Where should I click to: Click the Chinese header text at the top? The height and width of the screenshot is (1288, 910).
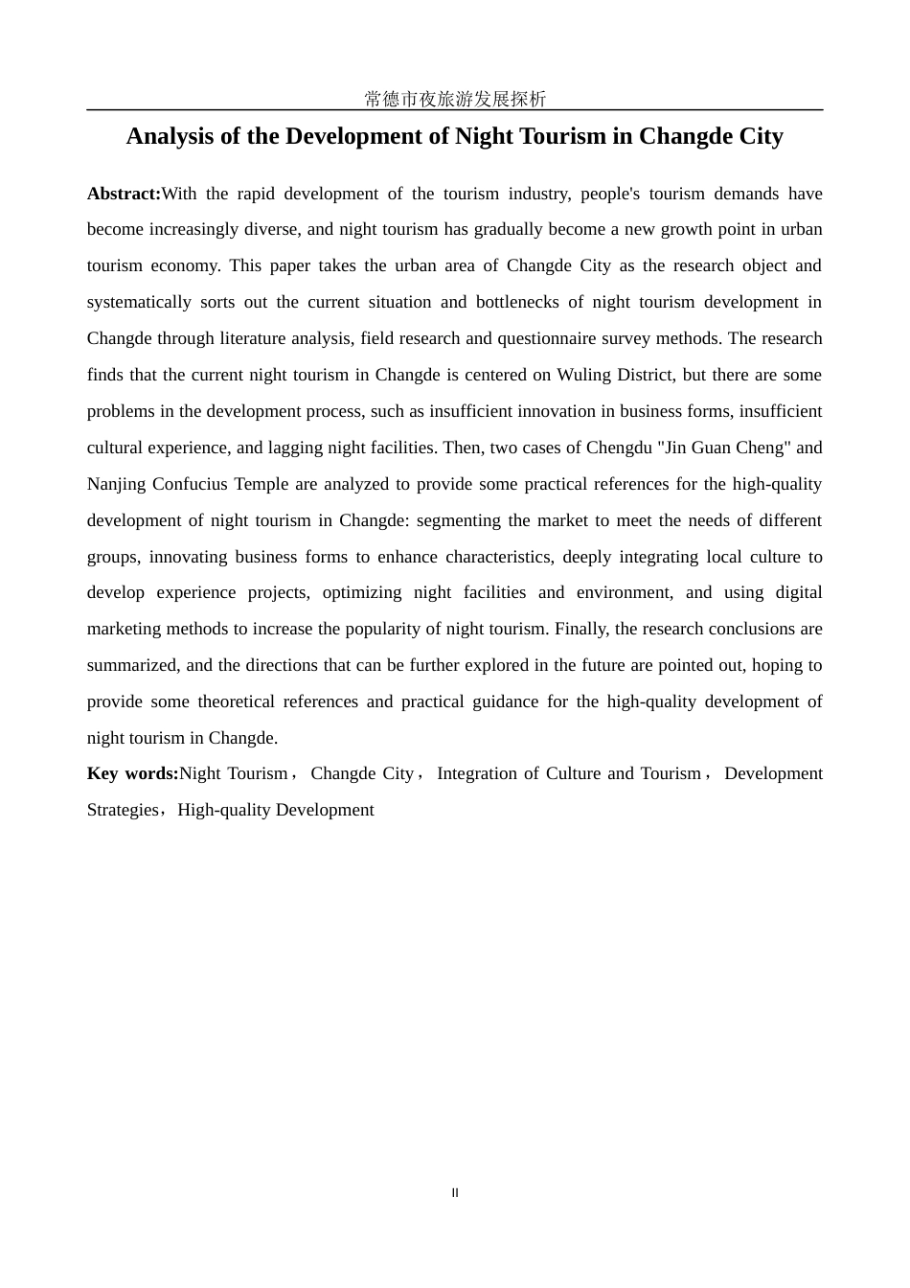(455, 99)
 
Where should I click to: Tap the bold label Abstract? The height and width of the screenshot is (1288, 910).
(124, 194)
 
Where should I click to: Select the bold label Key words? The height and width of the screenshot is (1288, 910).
(132, 773)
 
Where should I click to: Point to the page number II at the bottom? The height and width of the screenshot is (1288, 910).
(455, 1193)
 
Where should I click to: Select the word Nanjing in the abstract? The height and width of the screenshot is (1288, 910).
(116, 484)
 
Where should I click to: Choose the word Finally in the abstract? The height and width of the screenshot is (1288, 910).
(581, 629)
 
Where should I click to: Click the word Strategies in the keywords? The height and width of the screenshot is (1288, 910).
(123, 810)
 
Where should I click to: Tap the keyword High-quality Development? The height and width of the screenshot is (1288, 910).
(276, 810)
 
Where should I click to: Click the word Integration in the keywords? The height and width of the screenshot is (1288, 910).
(476, 773)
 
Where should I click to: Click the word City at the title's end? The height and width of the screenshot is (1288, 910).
(761, 136)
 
